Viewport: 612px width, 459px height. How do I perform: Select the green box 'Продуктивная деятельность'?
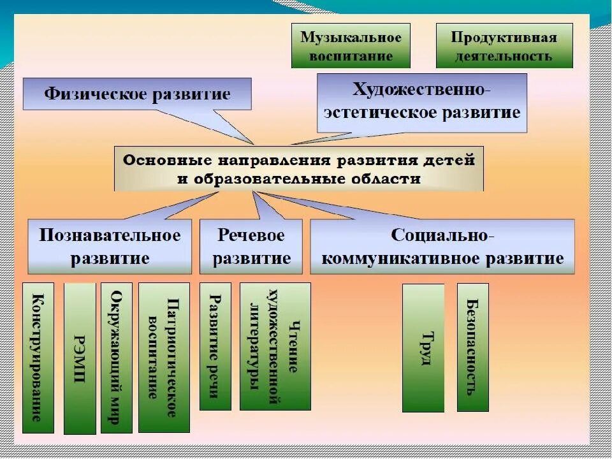[504, 46]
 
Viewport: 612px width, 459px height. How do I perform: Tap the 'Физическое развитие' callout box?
[137, 95]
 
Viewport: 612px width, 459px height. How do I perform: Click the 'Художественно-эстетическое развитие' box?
[422, 103]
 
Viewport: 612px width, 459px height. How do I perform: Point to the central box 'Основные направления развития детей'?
[298, 168]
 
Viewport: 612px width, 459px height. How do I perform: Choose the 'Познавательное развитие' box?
[110, 247]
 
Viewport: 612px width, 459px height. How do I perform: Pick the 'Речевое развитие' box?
[251, 247]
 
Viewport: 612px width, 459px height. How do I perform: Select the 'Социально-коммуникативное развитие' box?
[442, 247]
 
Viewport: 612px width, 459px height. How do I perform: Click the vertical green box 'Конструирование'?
[38, 358]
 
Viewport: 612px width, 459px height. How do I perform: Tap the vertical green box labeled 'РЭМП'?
[80, 358]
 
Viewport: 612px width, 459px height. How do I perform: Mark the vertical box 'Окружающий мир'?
[116, 358]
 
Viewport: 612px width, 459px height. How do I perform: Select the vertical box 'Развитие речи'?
[215, 346]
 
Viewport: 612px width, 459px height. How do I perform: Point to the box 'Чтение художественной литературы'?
[275, 346]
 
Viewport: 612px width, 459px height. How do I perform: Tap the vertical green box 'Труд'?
[423, 348]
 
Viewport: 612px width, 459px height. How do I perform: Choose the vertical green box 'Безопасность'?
[473, 347]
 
